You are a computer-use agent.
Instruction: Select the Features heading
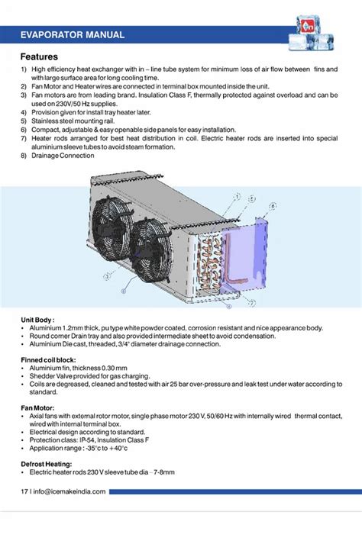point(38,57)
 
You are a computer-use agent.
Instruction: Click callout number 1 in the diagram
point(239,196)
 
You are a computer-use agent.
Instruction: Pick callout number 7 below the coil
point(253,302)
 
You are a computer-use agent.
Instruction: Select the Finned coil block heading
point(51,359)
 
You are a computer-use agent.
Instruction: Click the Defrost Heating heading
point(47,464)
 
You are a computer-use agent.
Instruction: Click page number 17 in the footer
point(24,491)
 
